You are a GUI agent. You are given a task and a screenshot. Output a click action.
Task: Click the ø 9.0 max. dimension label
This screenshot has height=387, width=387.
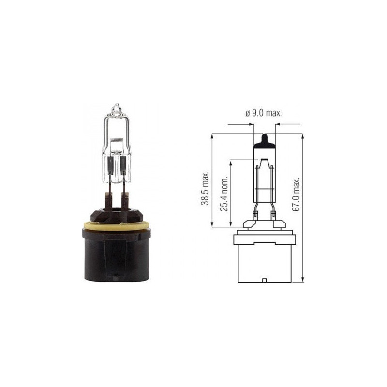click(x=264, y=113)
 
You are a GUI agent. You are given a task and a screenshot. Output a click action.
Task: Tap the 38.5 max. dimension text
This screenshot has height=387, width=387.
click(x=205, y=188)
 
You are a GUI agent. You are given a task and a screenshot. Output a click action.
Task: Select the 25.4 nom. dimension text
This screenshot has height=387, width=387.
click(x=224, y=194)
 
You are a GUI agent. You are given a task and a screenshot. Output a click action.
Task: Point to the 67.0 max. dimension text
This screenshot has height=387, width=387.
click(x=296, y=194)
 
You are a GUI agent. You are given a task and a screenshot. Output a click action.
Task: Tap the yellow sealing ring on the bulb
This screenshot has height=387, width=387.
click(x=116, y=226)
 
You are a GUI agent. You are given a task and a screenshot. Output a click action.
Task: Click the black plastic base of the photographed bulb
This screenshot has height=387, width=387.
click(x=116, y=255)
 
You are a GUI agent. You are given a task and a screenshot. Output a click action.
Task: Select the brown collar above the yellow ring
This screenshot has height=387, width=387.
click(x=117, y=215)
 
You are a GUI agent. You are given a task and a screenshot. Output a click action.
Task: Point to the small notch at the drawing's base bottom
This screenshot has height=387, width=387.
click(x=264, y=281)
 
